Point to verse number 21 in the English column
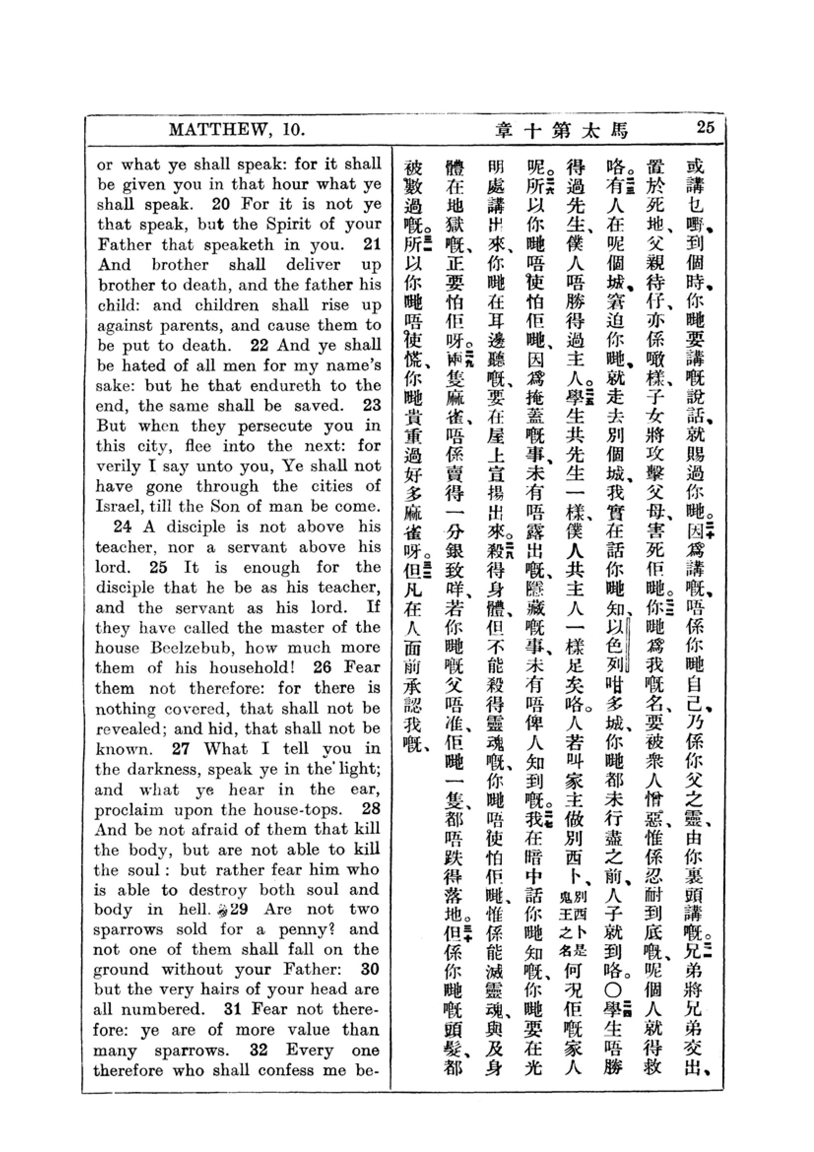[372, 245]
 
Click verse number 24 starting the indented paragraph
[123, 527]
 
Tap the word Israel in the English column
[118, 506]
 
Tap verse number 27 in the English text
[181, 749]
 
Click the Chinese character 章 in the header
[503, 131]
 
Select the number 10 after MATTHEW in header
[293, 130]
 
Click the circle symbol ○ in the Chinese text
[614, 989]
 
